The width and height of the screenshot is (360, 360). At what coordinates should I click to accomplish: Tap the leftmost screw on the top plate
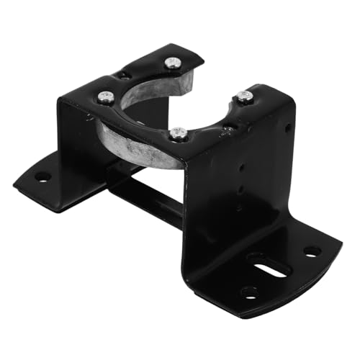(x=106, y=96)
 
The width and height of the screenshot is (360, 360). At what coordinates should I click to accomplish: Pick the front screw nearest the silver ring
(x=179, y=133)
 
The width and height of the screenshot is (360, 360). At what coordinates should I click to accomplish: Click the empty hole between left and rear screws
(x=126, y=75)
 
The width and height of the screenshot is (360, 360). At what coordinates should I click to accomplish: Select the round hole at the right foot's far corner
(x=312, y=252)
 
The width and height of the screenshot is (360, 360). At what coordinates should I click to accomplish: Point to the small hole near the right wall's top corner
(x=287, y=129)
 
